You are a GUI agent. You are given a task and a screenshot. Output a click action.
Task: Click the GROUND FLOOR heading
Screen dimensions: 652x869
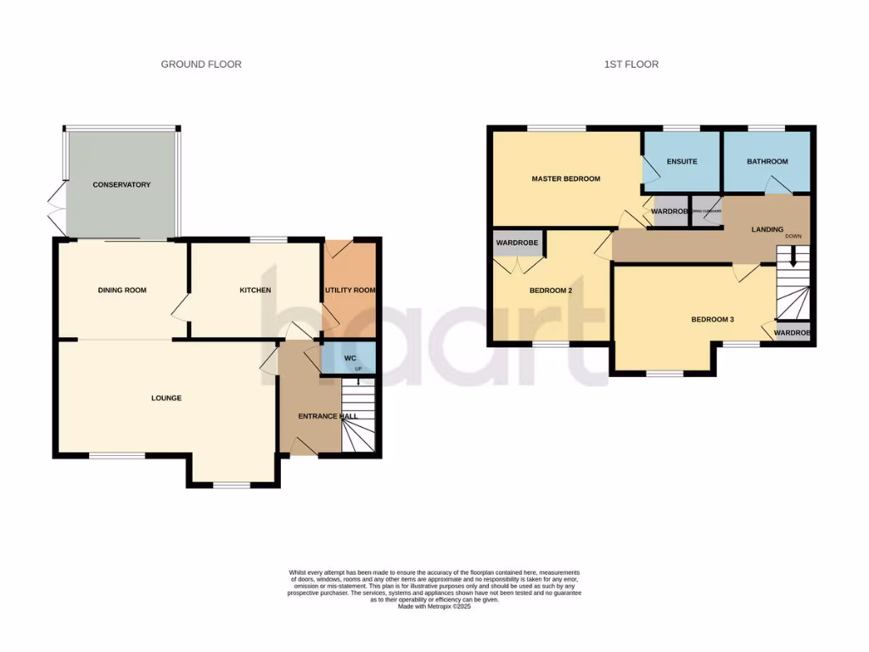(201, 65)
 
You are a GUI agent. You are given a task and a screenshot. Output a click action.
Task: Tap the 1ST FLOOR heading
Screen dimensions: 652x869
(631, 65)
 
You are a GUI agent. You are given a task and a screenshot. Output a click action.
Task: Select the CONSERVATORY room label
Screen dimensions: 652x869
(121, 185)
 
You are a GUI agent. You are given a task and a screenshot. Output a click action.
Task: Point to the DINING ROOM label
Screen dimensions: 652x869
(122, 290)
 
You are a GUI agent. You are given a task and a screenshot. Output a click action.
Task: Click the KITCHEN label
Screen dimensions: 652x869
(255, 290)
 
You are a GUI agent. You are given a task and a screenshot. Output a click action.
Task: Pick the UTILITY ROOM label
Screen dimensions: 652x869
(350, 290)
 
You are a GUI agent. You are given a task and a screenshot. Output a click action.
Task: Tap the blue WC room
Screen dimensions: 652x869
(349, 359)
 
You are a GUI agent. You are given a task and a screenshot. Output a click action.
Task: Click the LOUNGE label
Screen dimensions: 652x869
(166, 398)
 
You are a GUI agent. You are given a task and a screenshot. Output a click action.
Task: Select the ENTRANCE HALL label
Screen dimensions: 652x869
(328, 416)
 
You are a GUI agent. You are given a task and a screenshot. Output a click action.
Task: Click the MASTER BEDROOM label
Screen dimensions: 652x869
(565, 179)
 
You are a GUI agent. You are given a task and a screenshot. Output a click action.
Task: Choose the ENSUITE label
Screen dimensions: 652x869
(681, 161)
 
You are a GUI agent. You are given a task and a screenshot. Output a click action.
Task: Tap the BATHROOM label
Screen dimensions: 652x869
(766, 161)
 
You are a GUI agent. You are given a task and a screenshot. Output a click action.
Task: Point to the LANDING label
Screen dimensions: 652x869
(767, 229)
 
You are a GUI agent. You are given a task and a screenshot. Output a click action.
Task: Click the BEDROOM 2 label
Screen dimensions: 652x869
(552, 290)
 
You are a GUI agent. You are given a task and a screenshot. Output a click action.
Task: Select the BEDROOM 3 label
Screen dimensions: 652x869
(712, 320)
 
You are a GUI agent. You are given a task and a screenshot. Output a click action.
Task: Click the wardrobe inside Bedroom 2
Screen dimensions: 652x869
(519, 243)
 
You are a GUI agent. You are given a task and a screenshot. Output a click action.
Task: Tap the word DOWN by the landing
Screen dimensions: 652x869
(793, 236)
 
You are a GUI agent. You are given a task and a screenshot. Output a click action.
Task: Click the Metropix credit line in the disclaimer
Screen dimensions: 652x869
(434, 606)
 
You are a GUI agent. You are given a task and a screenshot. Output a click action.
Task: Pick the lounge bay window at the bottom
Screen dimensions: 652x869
(232, 486)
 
